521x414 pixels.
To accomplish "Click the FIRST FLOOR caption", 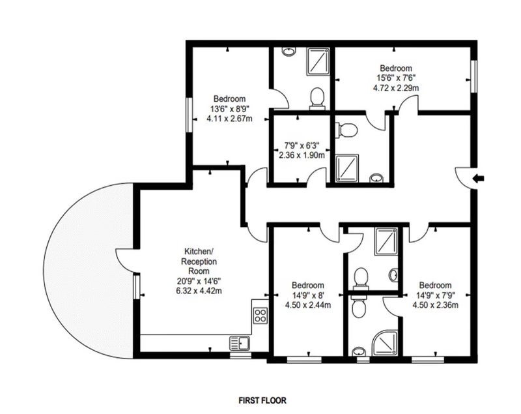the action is pyautogui.click(x=262, y=400).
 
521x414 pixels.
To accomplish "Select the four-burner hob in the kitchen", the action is pyautogui.click(x=260, y=316).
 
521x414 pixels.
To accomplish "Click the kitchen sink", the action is pyautogui.click(x=240, y=342).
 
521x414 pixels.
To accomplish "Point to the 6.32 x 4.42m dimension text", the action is pyautogui.click(x=199, y=291).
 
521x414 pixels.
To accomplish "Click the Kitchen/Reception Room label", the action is pyautogui.click(x=199, y=261).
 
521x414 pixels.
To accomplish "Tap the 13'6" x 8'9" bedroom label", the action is pyautogui.click(x=229, y=108).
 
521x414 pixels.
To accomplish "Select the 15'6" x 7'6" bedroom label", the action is pyautogui.click(x=395, y=78).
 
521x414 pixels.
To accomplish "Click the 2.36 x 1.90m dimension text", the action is pyautogui.click(x=302, y=155).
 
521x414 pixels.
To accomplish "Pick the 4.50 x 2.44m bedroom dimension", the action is pyautogui.click(x=307, y=304).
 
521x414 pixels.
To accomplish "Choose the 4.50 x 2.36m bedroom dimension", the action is pyautogui.click(x=435, y=304).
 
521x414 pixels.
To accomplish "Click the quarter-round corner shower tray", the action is pyautogui.click(x=385, y=344).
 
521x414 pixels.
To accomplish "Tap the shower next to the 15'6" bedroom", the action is pyautogui.click(x=318, y=61).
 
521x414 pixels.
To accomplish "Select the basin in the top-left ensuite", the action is pyautogui.click(x=289, y=52).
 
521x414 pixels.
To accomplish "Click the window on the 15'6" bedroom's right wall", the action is pyautogui.click(x=475, y=76).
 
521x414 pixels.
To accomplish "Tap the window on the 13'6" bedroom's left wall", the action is pyautogui.click(x=190, y=115).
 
